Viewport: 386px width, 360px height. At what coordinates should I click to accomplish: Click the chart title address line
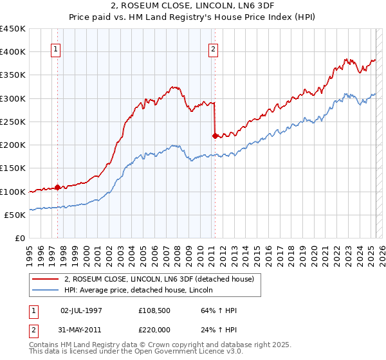193,7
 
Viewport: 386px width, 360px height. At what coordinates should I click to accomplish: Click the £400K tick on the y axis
13,51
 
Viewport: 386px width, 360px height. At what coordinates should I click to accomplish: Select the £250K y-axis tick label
13,122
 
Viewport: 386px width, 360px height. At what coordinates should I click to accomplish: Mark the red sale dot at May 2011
215,135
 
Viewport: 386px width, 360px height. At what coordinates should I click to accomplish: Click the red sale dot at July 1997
57,188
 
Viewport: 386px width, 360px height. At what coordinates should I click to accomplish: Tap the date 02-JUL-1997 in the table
81,310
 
